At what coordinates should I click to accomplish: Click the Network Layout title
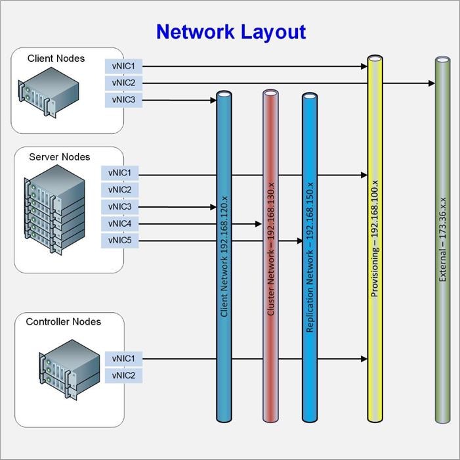pos(230,32)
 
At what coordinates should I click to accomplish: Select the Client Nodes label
pos(56,58)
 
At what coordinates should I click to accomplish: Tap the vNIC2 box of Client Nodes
pos(123,83)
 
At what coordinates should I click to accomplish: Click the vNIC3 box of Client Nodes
pos(123,101)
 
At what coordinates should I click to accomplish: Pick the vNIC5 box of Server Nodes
pos(120,241)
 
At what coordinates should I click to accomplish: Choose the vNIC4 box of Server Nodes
pos(120,224)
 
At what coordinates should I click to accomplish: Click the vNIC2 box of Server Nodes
pos(120,190)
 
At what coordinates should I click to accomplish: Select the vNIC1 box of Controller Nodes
pos(123,359)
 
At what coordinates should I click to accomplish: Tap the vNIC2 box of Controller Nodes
pos(123,375)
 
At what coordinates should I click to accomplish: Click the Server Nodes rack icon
pos(56,210)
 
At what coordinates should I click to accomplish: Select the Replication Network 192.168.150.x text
pos(310,263)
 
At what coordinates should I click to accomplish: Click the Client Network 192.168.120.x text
pos(224,256)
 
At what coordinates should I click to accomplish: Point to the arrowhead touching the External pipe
pos(431,83)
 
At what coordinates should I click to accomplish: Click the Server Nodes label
pos(59,157)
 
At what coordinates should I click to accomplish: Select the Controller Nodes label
pos(64,322)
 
